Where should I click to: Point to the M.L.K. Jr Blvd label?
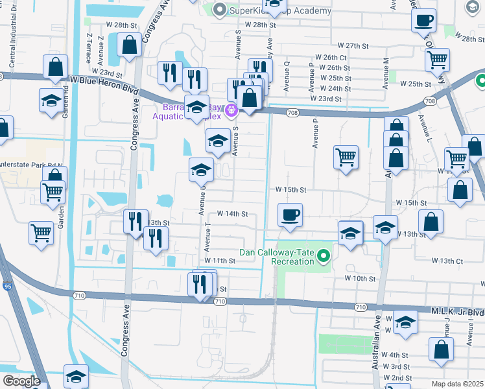coord(457,311)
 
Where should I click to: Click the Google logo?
coord(21,381)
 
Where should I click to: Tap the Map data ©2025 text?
coord(456,384)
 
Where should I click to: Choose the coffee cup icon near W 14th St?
coord(290,215)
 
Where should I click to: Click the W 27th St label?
coord(353,46)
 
